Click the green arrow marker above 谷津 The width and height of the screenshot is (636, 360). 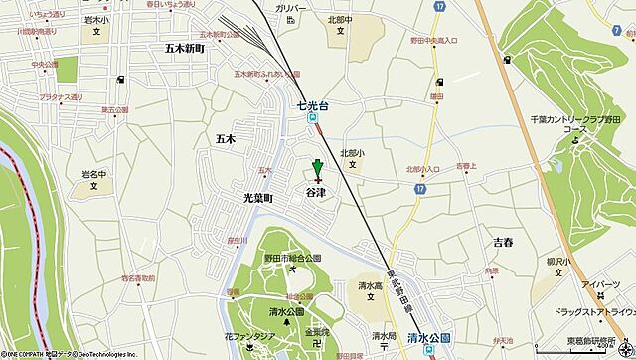[317, 168]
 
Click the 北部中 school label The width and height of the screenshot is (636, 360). [339, 18]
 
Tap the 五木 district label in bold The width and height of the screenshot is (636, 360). [223, 140]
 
